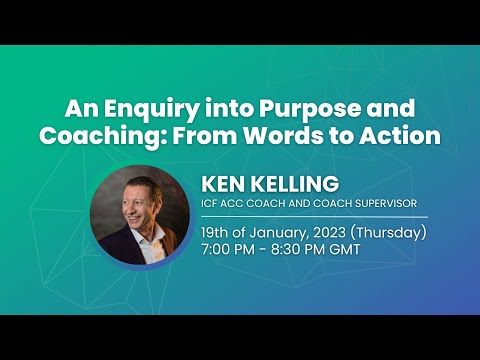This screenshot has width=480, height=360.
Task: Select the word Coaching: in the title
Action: pos(97,136)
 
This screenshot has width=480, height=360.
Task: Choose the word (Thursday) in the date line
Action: pos(396,233)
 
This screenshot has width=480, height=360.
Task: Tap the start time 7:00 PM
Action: pos(233,249)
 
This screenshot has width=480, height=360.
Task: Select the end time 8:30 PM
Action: pos(305,249)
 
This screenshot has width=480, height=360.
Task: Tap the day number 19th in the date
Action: pos(218,233)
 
